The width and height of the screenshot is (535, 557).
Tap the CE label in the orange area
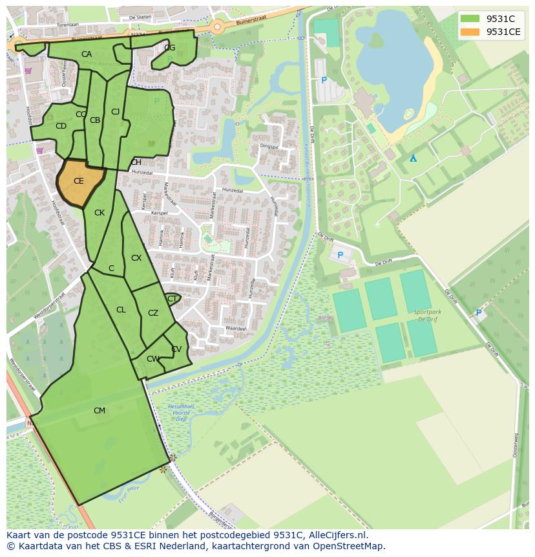78,181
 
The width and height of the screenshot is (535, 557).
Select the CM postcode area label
99,411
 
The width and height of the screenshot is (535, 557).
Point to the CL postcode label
121,310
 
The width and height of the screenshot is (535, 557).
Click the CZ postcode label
153,313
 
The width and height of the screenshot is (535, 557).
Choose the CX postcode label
136,258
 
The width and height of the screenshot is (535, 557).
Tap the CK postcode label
99,213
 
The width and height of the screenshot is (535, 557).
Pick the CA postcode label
86,54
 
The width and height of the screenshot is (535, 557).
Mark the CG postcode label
169,48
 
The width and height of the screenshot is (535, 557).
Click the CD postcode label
61,126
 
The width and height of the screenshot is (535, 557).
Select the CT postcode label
172,299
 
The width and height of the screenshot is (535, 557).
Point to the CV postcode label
176,349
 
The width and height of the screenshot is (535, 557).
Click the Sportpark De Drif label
426,315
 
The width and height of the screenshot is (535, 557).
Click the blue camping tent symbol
413,158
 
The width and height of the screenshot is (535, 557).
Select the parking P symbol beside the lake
324,81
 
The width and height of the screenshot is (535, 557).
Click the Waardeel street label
236,329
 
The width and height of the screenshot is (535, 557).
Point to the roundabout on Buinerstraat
216,27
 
